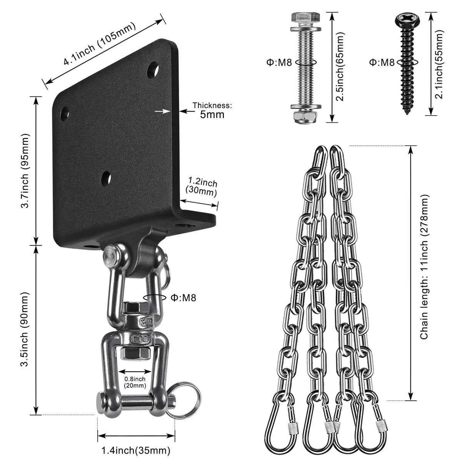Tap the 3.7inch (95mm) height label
pos(25,171)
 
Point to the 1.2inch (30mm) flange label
pos(202,186)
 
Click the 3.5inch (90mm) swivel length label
pos(25,330)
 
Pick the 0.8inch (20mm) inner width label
pos(135,382)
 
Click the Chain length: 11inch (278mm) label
pos(424,268)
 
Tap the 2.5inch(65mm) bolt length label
pos(340,68)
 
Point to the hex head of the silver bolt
pos(305,17)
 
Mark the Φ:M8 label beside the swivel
pos(183,297)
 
